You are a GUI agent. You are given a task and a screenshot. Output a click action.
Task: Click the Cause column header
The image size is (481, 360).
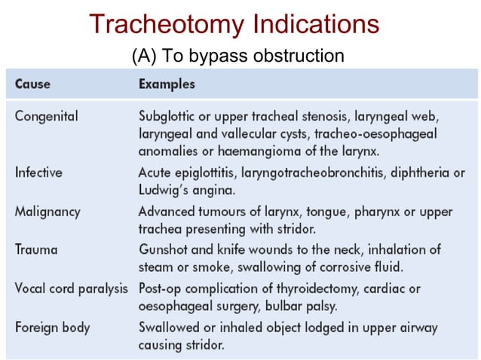(x=33, y=83)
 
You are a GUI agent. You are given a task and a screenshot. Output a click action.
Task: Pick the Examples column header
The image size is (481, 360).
(x=167, y=83)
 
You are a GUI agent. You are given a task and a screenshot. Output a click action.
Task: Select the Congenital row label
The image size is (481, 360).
(x=47, y=117)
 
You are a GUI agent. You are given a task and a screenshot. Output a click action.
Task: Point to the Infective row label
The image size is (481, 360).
(x=38, y=172)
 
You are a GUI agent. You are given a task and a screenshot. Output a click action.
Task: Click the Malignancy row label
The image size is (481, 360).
(x=47, y=211)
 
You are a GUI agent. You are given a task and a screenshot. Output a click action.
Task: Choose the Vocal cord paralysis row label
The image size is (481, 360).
(x=72, y=288)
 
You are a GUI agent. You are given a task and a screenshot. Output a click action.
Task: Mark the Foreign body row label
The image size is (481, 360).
(x=52, y=327)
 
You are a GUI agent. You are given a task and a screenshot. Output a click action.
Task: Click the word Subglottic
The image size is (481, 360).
(x=168, y=117)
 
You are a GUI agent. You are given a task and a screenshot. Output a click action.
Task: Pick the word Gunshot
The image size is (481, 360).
(x=162, y=249)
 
